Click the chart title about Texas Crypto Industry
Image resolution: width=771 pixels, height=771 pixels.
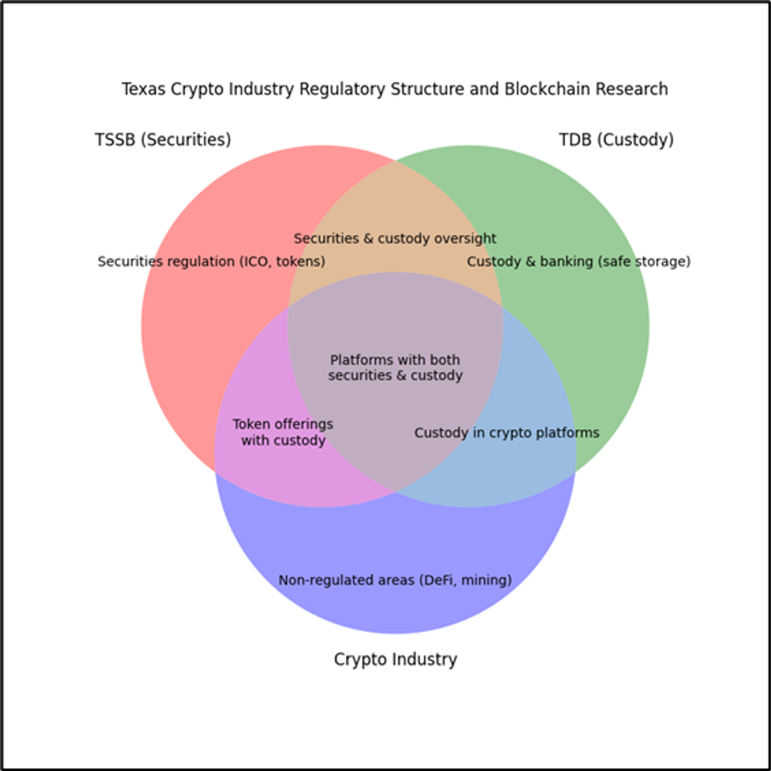point(395,89)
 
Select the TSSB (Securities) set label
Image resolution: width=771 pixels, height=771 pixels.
point(163,140)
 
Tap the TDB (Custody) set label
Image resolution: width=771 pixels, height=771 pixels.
point(616,140)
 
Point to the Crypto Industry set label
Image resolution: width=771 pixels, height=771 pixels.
point(395,659)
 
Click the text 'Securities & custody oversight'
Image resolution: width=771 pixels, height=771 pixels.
point(395,238)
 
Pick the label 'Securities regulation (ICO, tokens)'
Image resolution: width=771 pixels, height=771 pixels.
point(211,261)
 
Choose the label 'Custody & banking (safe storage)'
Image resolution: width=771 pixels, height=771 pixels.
point(579,261)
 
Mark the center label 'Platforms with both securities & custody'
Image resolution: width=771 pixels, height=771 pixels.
point(395,368)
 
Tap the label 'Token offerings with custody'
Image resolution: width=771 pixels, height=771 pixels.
point(283,432)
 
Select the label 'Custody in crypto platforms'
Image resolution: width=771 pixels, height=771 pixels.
point(507,433)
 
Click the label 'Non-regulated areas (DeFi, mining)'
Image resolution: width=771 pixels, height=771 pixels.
point(395,580)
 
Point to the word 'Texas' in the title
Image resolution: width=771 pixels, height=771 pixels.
point(143,89)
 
